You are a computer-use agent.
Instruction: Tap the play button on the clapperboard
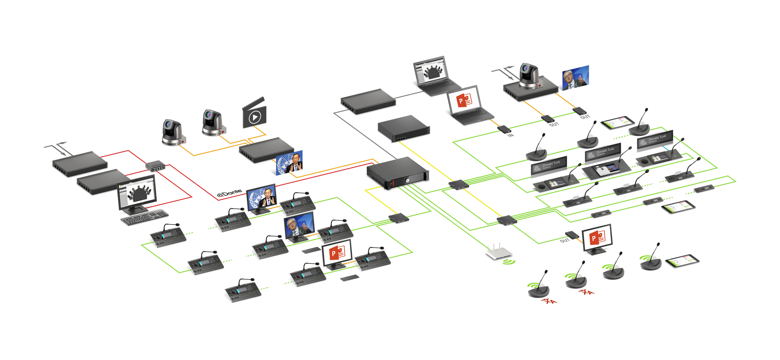coord(255,117)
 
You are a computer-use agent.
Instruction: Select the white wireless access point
coord(498,252)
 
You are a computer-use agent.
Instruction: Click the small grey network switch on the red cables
coord(155,165)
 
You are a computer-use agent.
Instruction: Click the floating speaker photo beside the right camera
coord(576,78)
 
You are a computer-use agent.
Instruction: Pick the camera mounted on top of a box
coord(529,76)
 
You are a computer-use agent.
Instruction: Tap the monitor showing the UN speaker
coord(261,197)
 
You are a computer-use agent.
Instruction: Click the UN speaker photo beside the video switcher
coord(289,163)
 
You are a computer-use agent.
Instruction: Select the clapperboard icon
coord(254,113)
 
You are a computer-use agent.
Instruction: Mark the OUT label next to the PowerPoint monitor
coord(565,241)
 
